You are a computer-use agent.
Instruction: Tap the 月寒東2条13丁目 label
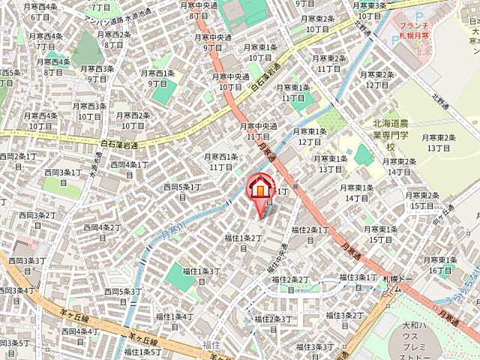pyautogui.click(x=439, y=142)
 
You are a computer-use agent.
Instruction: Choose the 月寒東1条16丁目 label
pyautogui.click(x=439, y=265)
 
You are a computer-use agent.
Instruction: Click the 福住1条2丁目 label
pyautogui.click(x=242, y=242)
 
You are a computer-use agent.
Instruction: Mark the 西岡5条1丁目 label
pyautogui.click(x=181, y=191)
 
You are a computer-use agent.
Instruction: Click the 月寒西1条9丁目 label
pyautogui.click(x=158, y=78)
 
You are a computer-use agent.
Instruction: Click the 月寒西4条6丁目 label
pyautogui.click(x=40, y=11)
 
